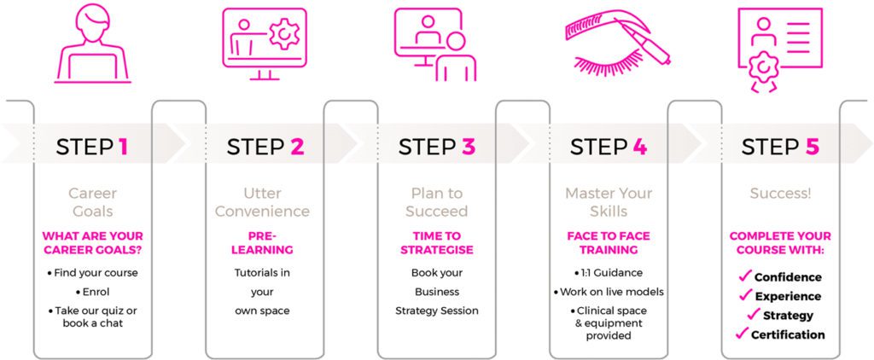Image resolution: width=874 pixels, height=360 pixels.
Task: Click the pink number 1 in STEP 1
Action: [x=123, y=147]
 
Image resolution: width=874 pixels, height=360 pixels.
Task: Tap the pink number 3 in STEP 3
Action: [x=468, y=147]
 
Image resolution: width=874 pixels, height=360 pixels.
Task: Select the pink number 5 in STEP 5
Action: [x=812, y=147]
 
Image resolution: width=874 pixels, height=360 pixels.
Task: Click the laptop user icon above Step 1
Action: [x=92, y=44]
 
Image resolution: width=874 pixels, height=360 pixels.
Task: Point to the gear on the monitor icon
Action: [x=284, y=34]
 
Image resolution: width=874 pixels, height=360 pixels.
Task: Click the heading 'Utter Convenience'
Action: [x=262, y=202]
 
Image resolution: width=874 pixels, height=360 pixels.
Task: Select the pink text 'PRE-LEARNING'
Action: [x=262, y=243]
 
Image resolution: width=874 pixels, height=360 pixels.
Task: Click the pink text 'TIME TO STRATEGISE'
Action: [x=436, y=243]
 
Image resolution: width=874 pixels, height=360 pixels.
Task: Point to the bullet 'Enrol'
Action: [x=92, y=292]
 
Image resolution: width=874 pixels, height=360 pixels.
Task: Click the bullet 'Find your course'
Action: [x=92, y=273]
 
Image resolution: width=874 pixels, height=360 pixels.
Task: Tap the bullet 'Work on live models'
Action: [x=609, y=292]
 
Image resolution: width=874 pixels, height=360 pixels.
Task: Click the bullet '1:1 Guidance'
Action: [x=608, y=273]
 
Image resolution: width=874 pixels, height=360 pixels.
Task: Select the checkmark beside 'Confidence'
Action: [x=744, y=276]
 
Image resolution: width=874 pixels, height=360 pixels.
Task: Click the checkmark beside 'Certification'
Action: [x=742, y=334]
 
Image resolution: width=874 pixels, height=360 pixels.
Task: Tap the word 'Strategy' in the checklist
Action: [x=788, y=316]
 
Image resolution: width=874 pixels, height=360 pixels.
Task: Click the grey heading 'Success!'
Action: [x=780, y=194]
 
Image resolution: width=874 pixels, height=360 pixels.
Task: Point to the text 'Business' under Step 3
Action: [x=436, y=292]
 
